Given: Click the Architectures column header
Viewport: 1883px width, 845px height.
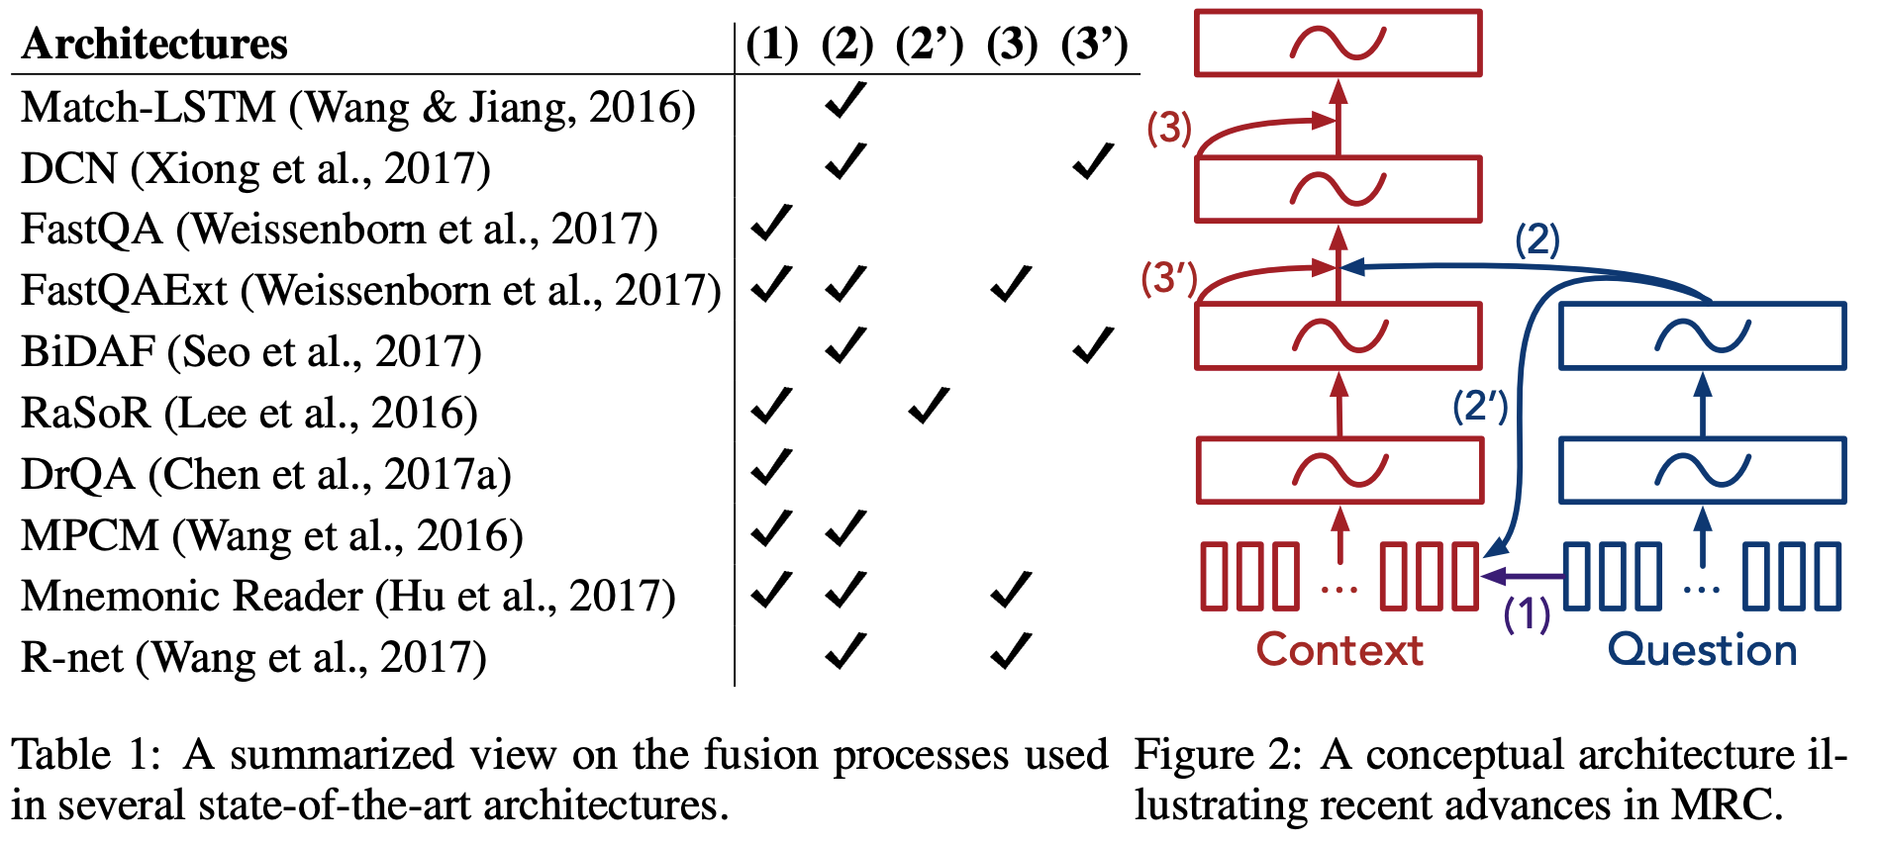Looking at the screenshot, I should pyautogui.click(x=154, y=44).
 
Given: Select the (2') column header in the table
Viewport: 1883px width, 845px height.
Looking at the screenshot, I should pyautogui.click(x=929, y=44).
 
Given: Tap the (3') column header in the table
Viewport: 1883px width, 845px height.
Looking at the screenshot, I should pyautogui.click(x=1094, y=44).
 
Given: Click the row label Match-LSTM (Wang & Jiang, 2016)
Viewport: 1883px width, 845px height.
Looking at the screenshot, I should pyautogui.click(x=357, y=107).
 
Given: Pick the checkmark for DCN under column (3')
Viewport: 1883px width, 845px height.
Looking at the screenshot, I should pyautogui.click(x=1093, y=162).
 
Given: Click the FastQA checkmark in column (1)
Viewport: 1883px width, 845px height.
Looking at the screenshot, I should pyautogui.click(x=771, y=224).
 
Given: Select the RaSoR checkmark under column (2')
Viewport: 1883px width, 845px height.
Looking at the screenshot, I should pyautogui.click(x=929, y=407).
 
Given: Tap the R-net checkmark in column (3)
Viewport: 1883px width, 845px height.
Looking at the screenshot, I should pyautogui.click(x=1011, y=652).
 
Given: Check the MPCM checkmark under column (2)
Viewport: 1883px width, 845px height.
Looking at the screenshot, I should pyautogui.click(x=845, y=529).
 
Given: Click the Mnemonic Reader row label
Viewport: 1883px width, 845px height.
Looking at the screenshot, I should pyautogui.click(x=347, y=596).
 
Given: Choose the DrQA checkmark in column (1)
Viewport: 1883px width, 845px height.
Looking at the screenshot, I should pyautogui.click(x=771, y=468).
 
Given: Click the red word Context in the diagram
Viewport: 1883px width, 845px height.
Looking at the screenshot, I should pyautogui.click(x=1339, y=650).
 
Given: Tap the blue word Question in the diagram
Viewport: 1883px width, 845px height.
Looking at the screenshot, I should pyautogui.click(x=1702, y=650).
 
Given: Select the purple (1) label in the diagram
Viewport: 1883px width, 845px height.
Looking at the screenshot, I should pyautogui.click(x=1527, y=613).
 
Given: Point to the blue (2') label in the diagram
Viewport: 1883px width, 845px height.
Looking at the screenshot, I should pyautogui.click(x=1480, y=406).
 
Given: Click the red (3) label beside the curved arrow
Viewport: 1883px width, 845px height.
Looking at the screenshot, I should pyautogui.click(x=1169, y=129).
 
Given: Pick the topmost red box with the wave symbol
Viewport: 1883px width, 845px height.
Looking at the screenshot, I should pyautogui.click(x=1338, y=44).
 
